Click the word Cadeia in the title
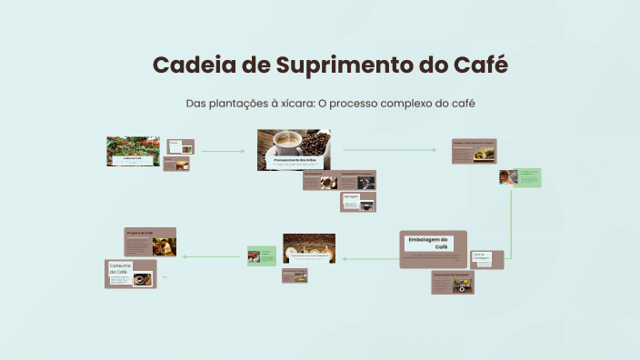pos(187,65)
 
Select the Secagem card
pos(358,202)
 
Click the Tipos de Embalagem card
pos(486,259)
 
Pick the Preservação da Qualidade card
pos(453,282)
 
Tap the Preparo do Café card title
pos(139,232)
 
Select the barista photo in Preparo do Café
pos(164,245)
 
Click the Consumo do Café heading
pos(121,269)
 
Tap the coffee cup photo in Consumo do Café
pos(142,279)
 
